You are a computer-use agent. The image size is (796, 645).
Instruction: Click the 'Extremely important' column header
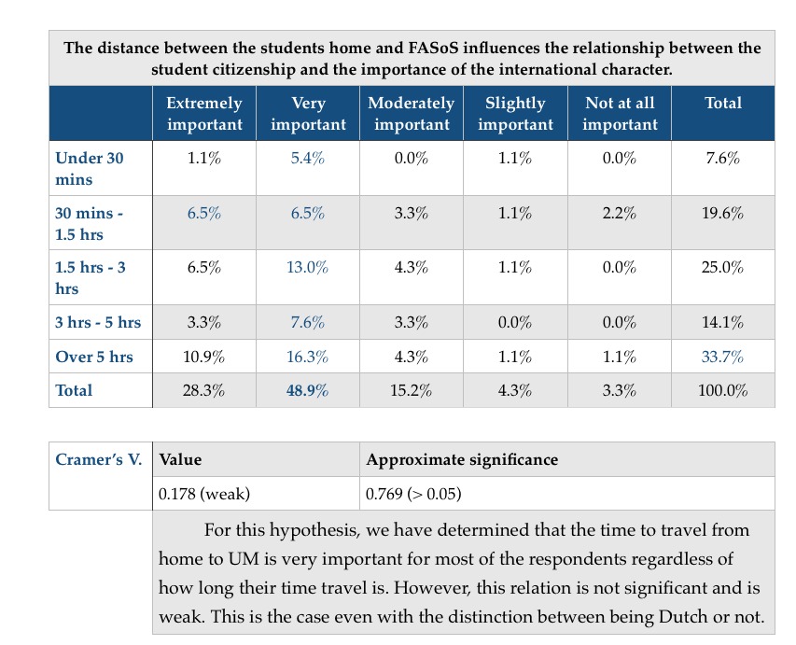point(203,114)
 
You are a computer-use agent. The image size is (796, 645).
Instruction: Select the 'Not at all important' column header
point(620,114)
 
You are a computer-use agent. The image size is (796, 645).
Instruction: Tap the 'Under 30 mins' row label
point(90,168)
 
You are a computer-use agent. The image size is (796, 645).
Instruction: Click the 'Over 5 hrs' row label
point(94,358)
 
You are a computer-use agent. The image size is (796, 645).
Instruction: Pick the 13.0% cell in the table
point(308,268)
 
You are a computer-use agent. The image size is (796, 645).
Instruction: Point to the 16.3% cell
point(308,358)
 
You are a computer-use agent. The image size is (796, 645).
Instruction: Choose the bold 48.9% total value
point(308,391)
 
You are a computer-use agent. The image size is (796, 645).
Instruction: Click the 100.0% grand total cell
point(722,391)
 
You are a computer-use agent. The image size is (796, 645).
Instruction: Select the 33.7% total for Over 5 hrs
point(722,358)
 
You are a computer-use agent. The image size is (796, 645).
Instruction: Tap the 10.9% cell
point(203,358)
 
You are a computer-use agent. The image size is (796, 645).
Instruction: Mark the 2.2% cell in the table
point(620,213)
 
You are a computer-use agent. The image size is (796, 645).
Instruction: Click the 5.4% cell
point(308,159)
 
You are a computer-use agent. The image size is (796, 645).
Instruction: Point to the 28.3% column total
point(203,391)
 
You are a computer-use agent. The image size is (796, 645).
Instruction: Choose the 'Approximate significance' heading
point(462,459)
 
